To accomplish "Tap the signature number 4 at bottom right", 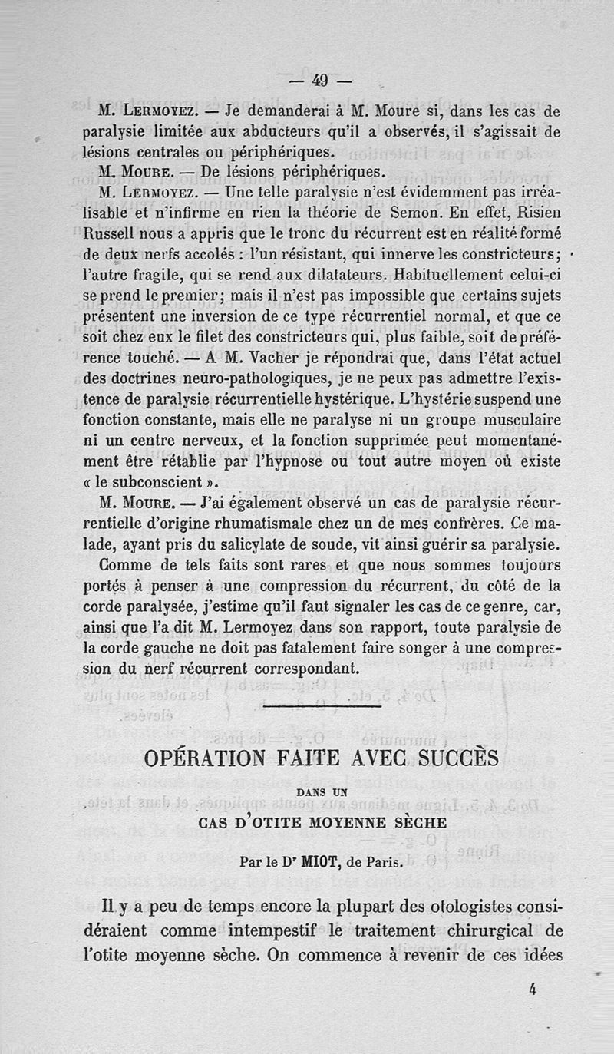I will point(531,990).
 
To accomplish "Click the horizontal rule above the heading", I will point(321,705).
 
